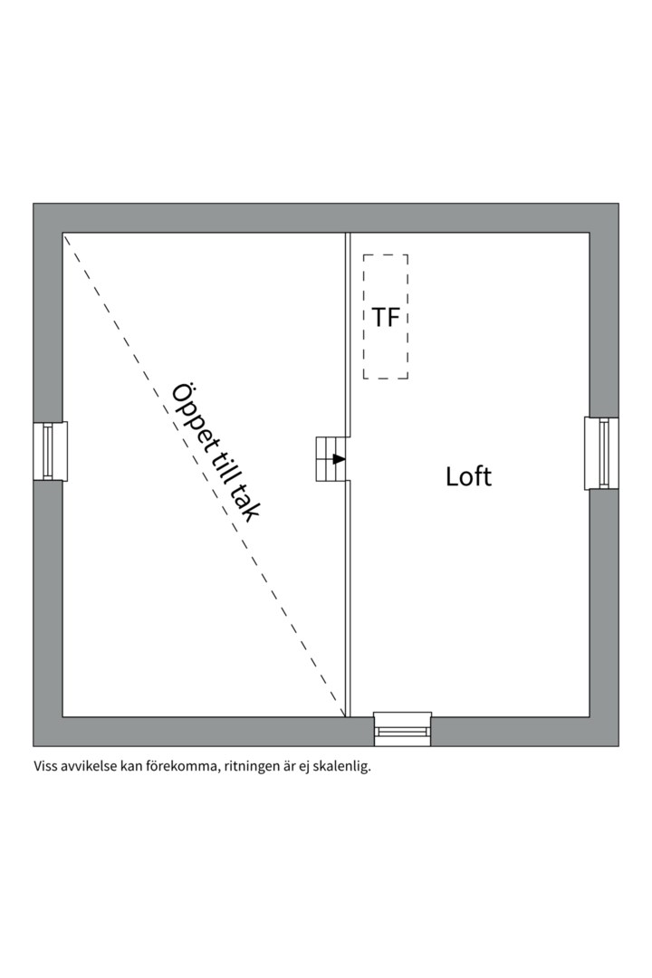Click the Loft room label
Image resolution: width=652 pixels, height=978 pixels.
point(468,476)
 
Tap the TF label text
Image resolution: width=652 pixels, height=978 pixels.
point(385,318)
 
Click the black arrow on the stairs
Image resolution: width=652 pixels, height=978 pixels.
point(339,459)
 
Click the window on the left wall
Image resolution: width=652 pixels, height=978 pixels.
point(51,450)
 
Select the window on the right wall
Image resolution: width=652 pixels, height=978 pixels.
point(600,453)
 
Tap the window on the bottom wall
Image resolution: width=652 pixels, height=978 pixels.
point(403,729)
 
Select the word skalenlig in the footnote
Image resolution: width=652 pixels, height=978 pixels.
point(342,766)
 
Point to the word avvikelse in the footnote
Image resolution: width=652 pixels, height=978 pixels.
point(91,766)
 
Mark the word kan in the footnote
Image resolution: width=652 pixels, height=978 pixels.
point(132,766)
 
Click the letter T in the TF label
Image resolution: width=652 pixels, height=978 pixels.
point(379,318)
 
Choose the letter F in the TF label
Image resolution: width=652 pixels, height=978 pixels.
point(394,318)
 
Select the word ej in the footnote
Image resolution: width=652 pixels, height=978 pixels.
point(303,767)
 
